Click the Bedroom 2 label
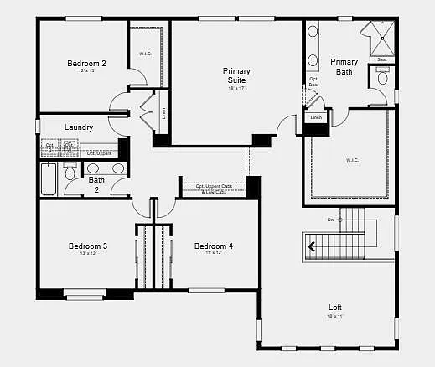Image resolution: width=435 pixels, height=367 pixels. [x=86, y=63]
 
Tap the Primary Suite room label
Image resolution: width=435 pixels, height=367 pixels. [x=236, y=75]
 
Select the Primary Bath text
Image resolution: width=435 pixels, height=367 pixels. [x=344, y=66]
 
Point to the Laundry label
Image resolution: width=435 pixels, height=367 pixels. [x=78, y=127]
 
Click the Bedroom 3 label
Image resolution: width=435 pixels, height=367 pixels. [x=87, y=246]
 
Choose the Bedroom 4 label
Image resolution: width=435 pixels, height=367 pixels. [x=213, y=246]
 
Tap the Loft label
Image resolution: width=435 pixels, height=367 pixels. [x=334, y=308]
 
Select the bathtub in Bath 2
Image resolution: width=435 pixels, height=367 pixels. [x=48, y=178]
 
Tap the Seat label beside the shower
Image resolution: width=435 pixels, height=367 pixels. [x=381, y=59]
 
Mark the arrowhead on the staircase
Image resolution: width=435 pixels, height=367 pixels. [x=313, y=246]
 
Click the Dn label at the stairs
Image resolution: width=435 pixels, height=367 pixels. [x=330, y=220]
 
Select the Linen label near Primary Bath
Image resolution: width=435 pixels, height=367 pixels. [x=315, y=118]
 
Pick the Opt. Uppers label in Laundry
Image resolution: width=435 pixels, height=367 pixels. [x=99, y=153]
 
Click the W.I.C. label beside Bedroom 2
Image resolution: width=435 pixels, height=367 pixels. [x=145, y=54]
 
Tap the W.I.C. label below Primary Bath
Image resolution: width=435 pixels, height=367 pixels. [x=351, y=159]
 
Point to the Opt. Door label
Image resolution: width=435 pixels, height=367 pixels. [x=313, y=82]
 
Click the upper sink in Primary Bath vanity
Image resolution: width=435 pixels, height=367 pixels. [x=313, y=33]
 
